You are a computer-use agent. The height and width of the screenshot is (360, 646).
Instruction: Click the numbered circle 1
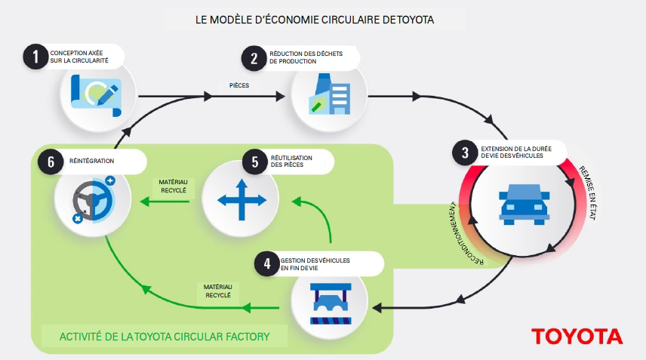(x=32, y=57)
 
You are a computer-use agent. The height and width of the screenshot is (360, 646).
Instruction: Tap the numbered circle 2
(x=251, y=57)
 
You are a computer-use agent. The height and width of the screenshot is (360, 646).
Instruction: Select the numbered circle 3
(x=463, y=152)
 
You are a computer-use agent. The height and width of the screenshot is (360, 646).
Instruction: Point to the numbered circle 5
(x=255, y=161)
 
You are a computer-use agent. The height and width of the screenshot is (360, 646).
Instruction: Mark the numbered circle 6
(x=50, y=161)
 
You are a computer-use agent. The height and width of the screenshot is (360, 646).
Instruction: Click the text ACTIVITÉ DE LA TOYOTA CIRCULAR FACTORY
(x=163, y=334)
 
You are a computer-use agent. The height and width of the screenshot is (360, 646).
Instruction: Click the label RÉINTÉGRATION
(x=94, y=161)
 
